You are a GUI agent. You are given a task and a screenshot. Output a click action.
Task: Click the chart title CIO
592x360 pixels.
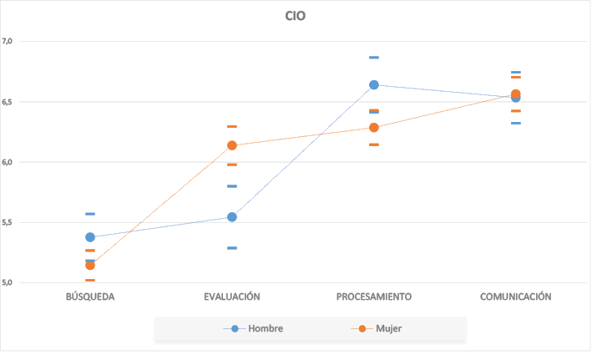pyautogui.click(x=296, y=15)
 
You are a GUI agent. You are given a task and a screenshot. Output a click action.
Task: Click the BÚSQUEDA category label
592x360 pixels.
pyautogui.click(x=90, y=297)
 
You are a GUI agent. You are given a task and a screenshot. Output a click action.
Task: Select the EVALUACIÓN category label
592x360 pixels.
pyautogui.click(x=232, y=297)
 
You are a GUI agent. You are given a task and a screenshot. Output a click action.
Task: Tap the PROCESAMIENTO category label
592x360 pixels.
pyautogui.click(x=374, y=297)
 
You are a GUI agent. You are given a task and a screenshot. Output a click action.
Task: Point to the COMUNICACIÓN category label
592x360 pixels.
pyautogui.click(x=515, y=297)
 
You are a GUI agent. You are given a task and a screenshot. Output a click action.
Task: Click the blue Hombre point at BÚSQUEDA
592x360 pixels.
pyautogui.click(x=90, y=237)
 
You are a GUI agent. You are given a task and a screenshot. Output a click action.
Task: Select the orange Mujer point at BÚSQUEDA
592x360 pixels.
pyautogui.click(x=90, y=265)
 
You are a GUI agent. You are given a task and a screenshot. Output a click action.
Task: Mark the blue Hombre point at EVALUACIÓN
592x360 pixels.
pyautogui.click(x=232, y=217)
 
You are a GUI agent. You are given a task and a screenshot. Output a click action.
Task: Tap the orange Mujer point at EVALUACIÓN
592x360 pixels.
pyautogui.click(x=232, y=145)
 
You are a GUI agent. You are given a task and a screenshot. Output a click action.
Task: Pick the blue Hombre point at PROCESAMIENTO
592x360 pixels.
pyautogui.click(x=374, y=85)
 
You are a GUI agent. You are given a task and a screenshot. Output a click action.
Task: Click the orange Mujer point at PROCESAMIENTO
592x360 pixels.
pyautogui.click(x=374, y=128)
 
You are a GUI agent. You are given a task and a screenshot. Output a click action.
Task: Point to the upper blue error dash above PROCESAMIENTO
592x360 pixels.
pyautogui.click(x=374, y=58)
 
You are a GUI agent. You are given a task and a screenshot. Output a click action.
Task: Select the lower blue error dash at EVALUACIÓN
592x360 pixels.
pyautogui.click(x=232, y=248)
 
